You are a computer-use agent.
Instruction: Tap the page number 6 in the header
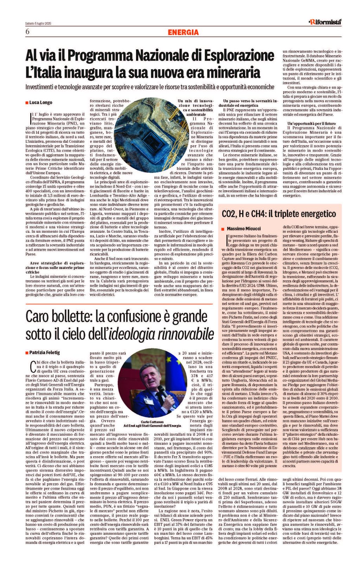pyautogui.click(x=27, y=32)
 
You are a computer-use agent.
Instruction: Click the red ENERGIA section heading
pyautogui.click(x=183, y=32)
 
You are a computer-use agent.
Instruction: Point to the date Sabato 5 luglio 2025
pyautogui.click(x=38, y=23)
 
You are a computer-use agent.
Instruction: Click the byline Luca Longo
pyautogui.click(x=41, y=102)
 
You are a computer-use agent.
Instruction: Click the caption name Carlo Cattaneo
pyautogui.click(x=152, y=422)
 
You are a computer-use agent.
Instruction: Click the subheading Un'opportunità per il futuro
pyautogui.click(x=311, y=123)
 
